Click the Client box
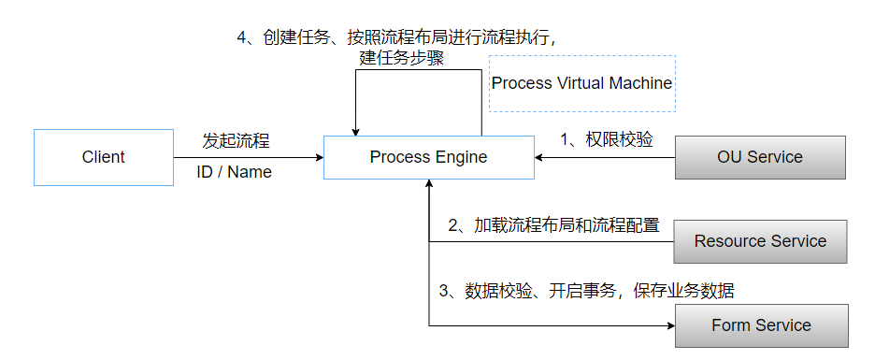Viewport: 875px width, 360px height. point(103,157)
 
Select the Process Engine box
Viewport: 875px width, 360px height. point(428,157)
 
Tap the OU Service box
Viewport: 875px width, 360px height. point(759,157)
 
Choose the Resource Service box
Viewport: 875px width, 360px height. point(760,241)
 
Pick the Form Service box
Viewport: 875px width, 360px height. point(761,325)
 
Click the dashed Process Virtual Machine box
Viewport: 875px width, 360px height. point(581,83)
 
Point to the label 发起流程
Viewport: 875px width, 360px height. point(237,141)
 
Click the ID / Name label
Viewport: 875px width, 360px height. point(234,172)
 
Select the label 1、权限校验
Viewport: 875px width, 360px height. point(606,139)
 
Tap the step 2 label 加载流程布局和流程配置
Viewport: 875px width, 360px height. point(553,225)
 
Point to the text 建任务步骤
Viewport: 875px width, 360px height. point(401,58)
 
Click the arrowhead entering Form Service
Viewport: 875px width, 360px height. point(669,325)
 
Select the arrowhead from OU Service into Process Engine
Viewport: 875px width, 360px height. point(540,157)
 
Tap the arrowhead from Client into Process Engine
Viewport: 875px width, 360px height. point(318,157)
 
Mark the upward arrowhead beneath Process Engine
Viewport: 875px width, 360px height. point(429,184)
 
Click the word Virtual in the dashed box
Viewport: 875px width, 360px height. point(581,83)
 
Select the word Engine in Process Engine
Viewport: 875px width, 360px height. point(460,157)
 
